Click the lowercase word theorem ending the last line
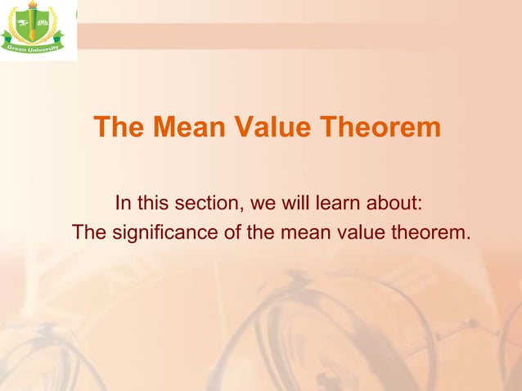(429, 233)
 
